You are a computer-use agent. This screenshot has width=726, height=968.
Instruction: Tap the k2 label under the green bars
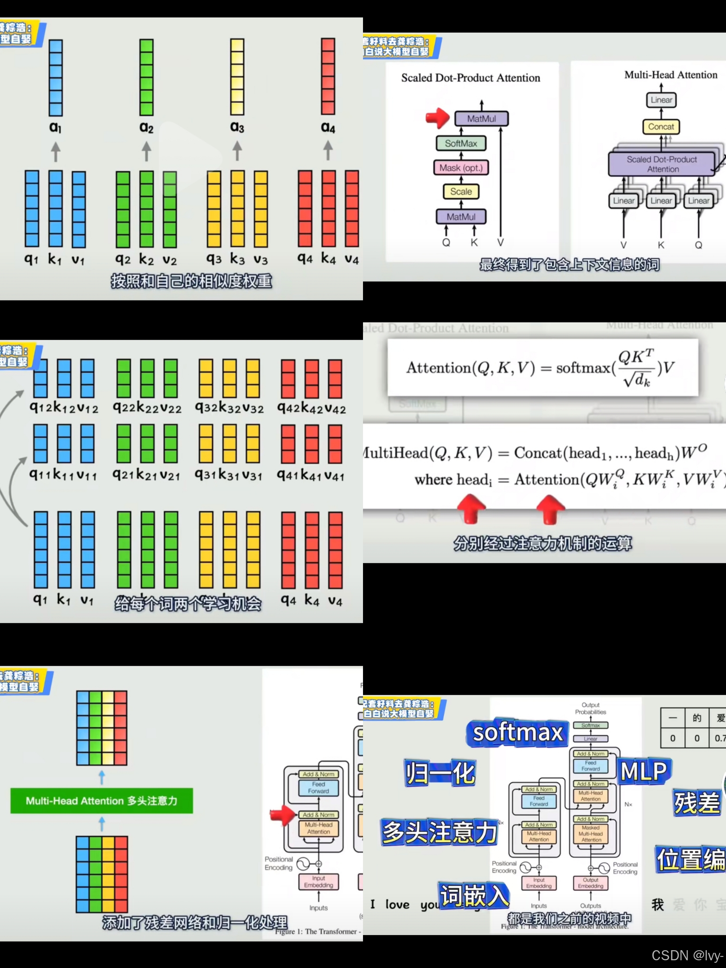coord(146,259)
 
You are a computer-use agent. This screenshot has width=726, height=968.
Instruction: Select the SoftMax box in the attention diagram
coord(461,144)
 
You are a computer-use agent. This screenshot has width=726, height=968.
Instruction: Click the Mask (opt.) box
coord(461,168)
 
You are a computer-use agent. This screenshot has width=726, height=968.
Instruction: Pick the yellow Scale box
coord(461,192)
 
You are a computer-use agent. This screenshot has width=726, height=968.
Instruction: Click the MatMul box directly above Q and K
coord(461,216)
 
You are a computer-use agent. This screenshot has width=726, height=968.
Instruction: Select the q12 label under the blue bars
coord(41,408)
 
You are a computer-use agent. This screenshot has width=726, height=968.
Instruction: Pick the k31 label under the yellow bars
coord(229,475)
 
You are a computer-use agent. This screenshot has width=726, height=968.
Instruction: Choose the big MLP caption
coord(643,771)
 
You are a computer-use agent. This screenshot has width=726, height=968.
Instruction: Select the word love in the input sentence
coord(397,904)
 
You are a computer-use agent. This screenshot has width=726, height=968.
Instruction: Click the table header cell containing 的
coord(697,718)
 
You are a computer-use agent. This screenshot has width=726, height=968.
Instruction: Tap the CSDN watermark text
coord(687,955)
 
